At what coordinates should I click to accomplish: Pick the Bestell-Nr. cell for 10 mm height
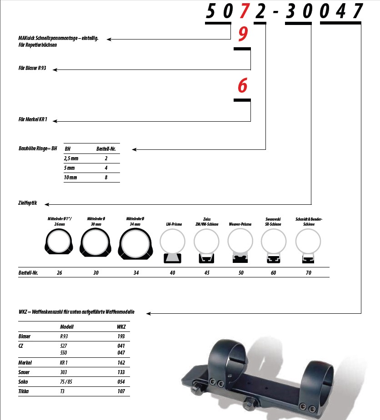tap(106, 178)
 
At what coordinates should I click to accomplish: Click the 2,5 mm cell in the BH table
tap(71, 158)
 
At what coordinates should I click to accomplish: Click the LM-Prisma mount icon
tap(172, 246)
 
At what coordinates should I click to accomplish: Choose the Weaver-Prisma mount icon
tap(240, 246)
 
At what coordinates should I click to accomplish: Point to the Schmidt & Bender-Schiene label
tap(309, 222)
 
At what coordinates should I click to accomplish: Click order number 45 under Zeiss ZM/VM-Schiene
tap(207, 273)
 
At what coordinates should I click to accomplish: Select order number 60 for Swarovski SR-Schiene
tap(273, 273)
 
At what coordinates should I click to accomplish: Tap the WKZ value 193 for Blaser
tap(120, 336)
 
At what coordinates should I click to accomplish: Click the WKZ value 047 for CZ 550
tap(120, 352)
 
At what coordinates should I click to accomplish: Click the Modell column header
tap(67, 326)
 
